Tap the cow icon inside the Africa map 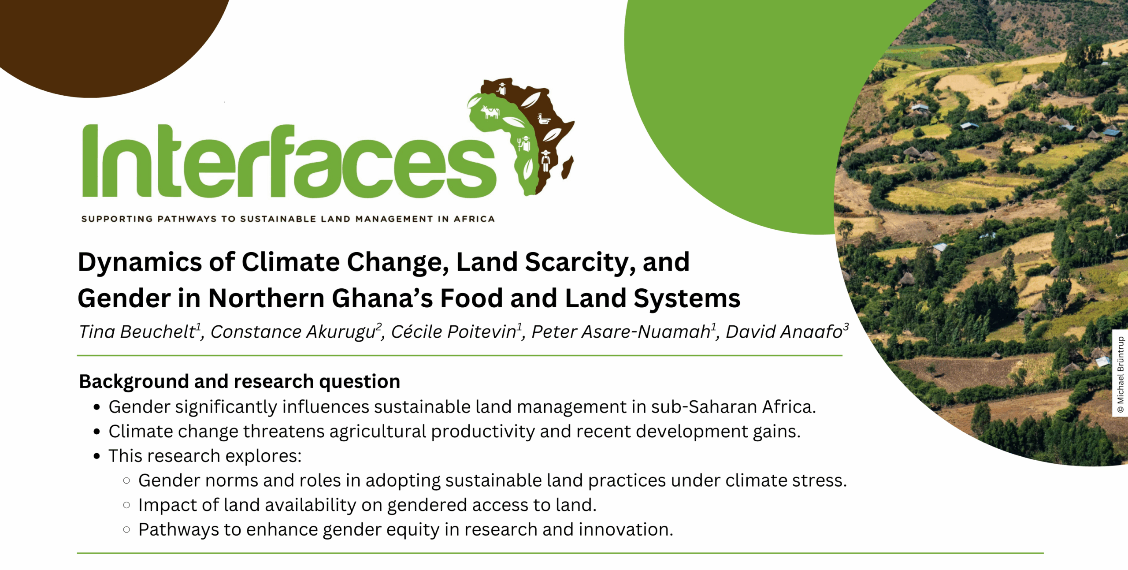point(490,112)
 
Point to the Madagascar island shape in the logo point(568,168)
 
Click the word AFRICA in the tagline point(474,219)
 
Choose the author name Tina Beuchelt point(137,332)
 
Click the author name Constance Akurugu point(293,332)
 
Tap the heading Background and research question point(239,381)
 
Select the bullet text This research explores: point(205,456)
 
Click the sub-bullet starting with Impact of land point(367,505)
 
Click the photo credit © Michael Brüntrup point(1121,375)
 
